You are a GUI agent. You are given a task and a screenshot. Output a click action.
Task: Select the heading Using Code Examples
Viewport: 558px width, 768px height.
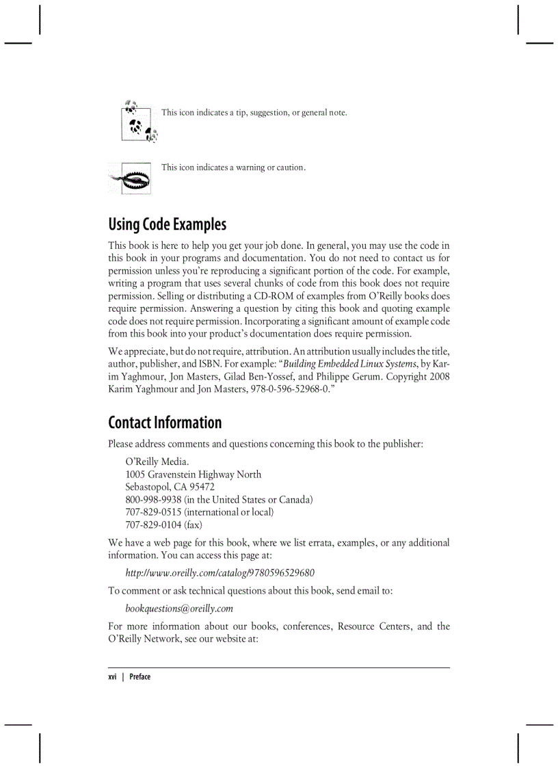[167, 224]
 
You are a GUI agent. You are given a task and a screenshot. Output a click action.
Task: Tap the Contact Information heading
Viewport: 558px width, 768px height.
[165, 422]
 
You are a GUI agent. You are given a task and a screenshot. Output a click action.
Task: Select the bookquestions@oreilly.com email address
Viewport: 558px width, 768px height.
[179, 608]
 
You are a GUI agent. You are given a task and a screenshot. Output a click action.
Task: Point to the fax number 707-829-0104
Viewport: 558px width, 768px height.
[153, 525]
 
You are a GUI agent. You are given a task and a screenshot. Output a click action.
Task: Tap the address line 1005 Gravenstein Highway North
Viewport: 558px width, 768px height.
[193, 475]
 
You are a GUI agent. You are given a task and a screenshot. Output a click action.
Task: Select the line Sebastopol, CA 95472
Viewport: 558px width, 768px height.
[170, 487]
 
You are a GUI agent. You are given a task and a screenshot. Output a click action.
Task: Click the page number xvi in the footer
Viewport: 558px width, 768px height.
[113, 677]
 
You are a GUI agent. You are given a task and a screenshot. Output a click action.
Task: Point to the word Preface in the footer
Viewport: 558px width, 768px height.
[139, 677]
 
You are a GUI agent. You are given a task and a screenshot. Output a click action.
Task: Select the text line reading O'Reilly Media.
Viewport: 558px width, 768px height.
[157, 462]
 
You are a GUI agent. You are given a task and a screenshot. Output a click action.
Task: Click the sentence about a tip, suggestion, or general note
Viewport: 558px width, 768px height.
[254, 112]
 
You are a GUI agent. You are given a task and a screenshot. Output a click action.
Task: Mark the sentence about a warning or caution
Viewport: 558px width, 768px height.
[232, 168]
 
